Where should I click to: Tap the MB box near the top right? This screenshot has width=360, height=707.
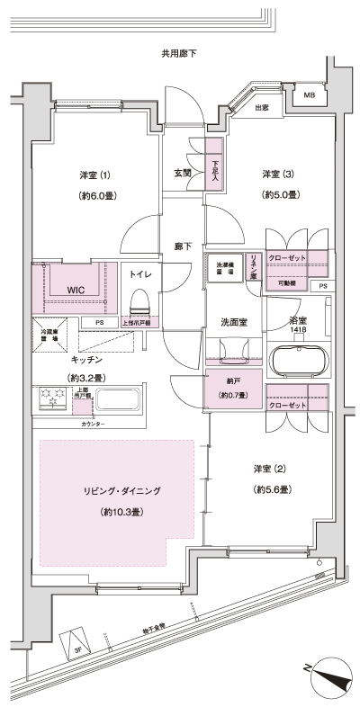309,95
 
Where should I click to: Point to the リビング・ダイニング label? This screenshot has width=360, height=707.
121,491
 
